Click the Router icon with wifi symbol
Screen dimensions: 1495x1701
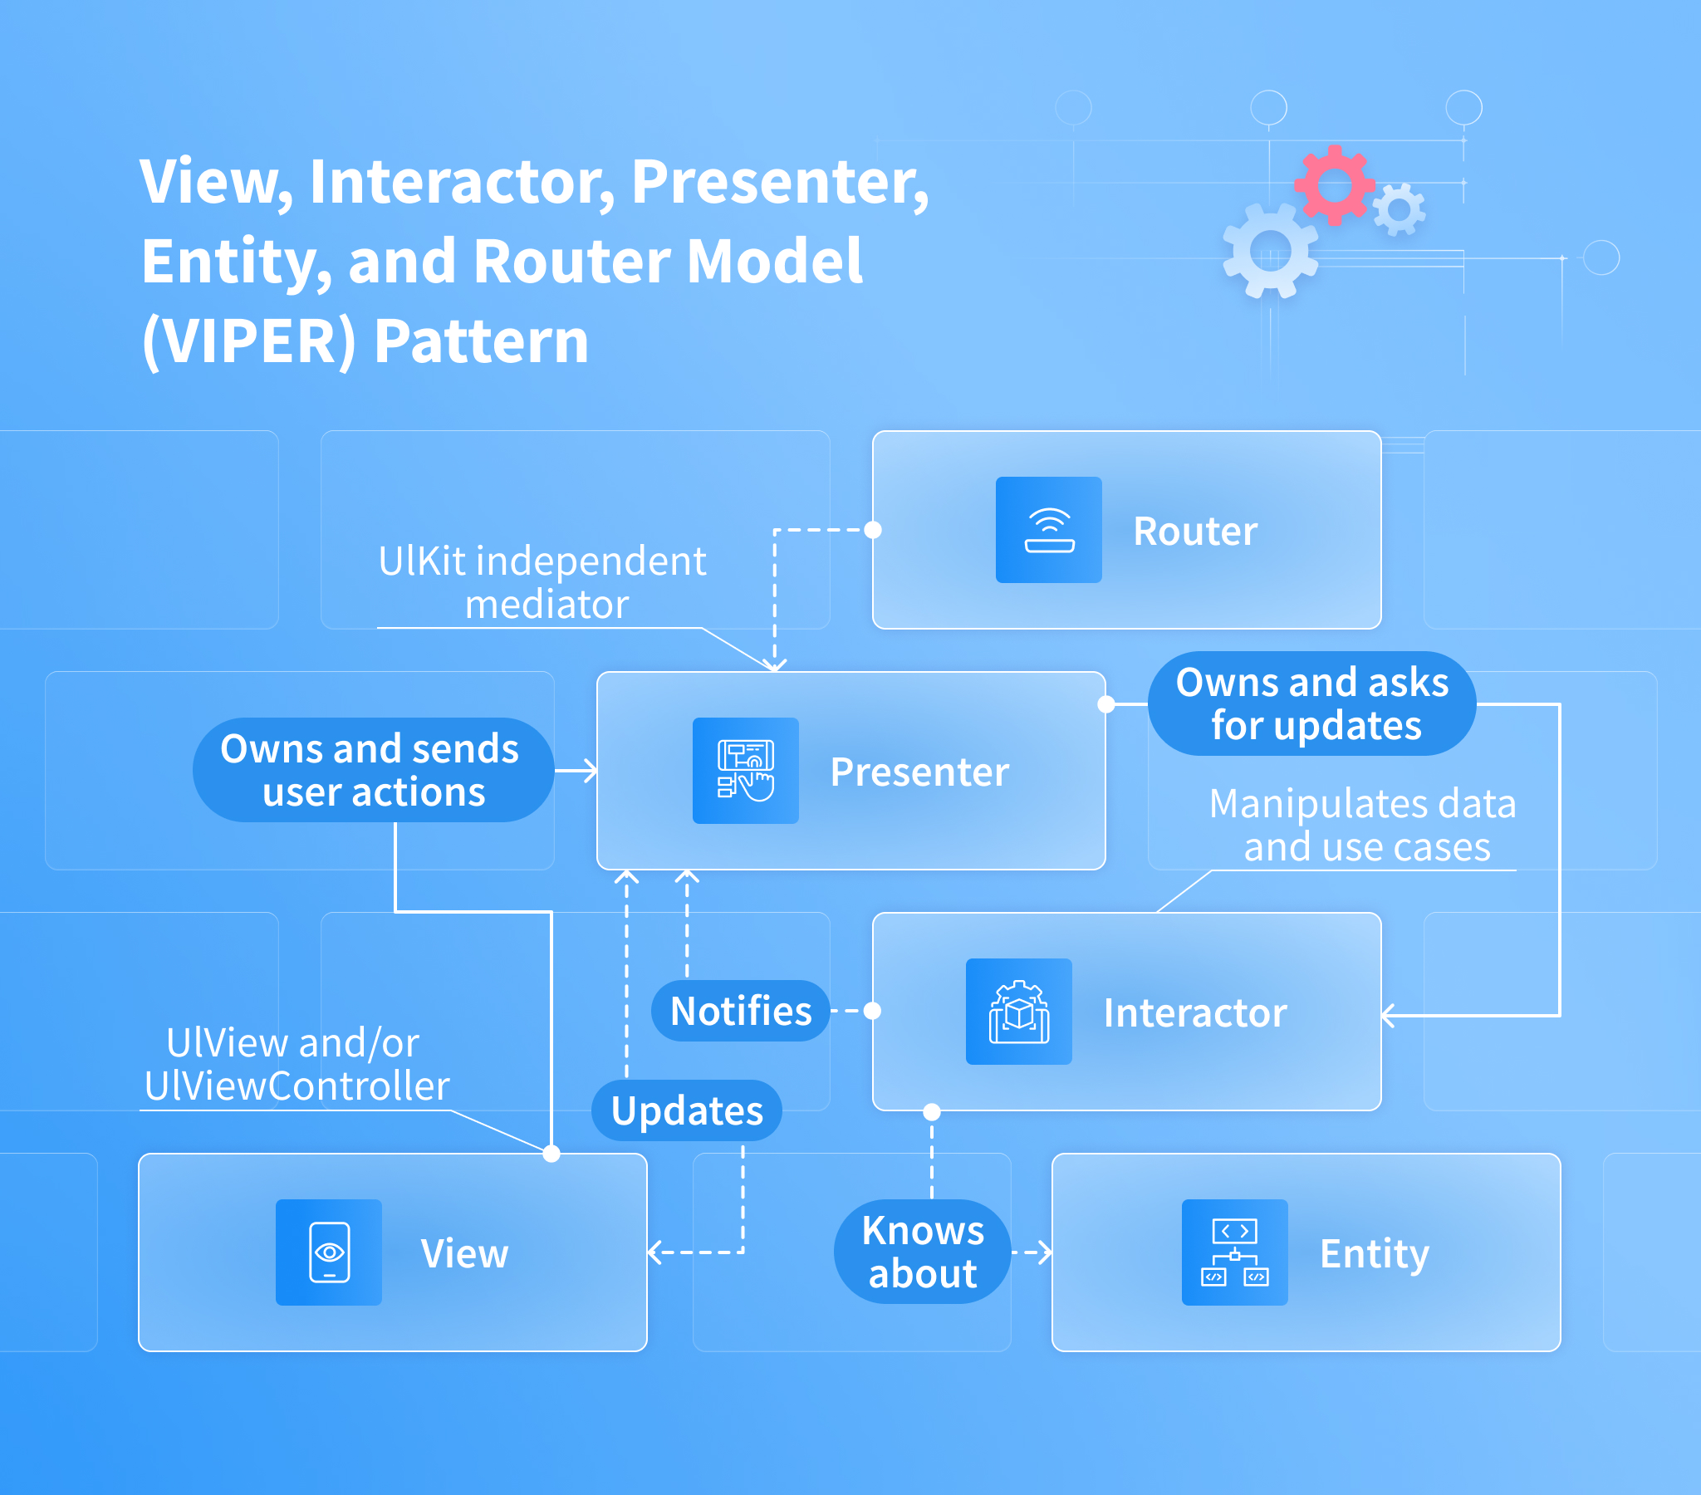(1048, 530)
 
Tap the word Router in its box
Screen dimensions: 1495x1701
(1194, 532)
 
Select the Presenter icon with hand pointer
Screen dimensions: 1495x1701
(745, 771)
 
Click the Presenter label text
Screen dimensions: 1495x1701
(919, 772)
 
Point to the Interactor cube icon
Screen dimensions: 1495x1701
(1017, 1012)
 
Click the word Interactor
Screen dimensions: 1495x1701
(1194, 1013)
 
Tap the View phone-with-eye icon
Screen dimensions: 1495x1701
(329, 1252)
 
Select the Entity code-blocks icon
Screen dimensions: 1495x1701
(1234, 1252)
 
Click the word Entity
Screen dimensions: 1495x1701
(1374, 1253)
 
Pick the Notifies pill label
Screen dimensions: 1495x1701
(740, 1012)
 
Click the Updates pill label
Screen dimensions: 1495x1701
(687, 1110)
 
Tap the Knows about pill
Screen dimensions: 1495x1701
(922, 1252)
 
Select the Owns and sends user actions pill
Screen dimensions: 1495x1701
(372, 770)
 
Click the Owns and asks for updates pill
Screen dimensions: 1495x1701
(1311, 703)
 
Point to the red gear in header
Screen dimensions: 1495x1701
(1334, 184)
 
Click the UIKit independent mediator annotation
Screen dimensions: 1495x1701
(542, 582)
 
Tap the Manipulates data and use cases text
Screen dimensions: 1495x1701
(1362, 825)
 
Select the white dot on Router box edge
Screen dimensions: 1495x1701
(873, 530)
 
